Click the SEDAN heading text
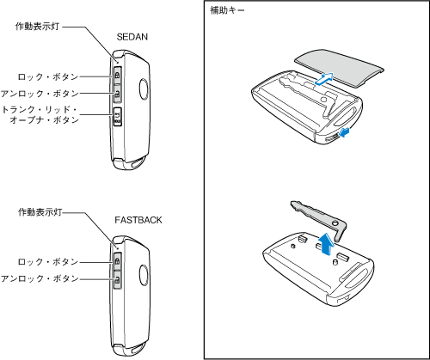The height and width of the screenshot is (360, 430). point(132,37)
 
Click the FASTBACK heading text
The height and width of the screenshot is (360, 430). point(138,220)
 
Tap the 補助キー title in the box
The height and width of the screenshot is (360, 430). point(227,10)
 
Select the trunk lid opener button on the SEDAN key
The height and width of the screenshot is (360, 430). point(118,117)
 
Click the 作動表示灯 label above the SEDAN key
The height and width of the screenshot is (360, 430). point(37,27)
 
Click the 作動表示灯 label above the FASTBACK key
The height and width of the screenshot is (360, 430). point(40,212)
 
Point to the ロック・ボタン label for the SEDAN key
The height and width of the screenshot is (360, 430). point(48,76)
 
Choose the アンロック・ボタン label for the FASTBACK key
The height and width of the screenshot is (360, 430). point(40,278)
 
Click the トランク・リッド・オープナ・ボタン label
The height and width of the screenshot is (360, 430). point(40,114)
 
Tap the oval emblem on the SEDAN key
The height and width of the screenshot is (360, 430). point(144,89)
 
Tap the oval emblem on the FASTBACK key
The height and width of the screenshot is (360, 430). point(144,275)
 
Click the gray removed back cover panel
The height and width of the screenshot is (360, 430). point(340,68)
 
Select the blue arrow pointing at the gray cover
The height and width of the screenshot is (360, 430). point(325,78)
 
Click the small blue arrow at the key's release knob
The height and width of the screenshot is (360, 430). point(344,132)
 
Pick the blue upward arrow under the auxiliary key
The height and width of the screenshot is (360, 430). point(326,244)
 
